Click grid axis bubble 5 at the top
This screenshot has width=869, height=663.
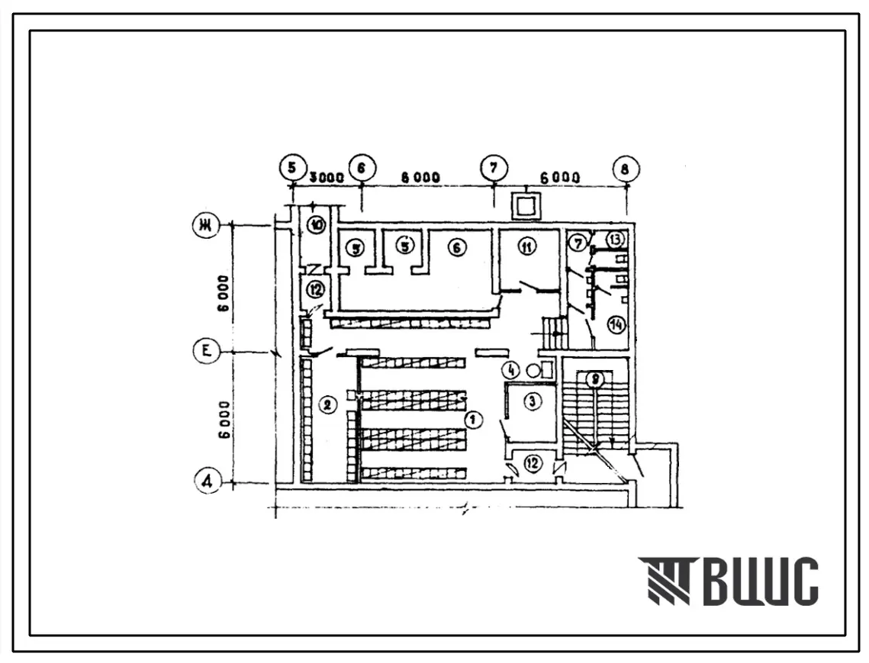click(x=290, y=166)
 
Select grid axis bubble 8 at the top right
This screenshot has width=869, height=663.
click(x=626, y=169)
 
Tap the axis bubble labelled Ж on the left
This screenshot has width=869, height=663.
click(x=205, y=225)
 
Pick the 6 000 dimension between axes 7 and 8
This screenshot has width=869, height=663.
click(x=560, y=177)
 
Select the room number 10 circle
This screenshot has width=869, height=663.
click(x=316, y=224)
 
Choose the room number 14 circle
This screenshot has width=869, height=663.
click(x=616, y=324)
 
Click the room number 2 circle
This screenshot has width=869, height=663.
click(x=327, y=405)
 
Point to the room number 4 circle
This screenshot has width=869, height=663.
click(x=510, y=371)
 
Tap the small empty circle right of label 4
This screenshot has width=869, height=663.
click(x=533, y=371)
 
